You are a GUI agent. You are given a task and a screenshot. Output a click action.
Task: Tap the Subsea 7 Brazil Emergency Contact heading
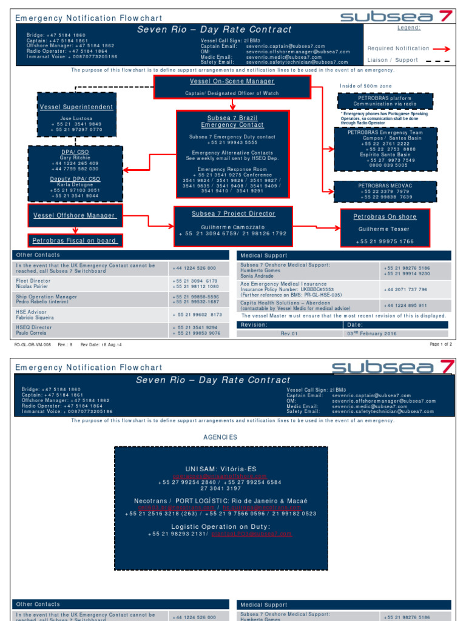tap(232, 121)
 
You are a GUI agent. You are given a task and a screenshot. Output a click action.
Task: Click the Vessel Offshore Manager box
tap(74, 215)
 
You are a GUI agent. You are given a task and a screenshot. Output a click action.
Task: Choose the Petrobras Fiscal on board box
tap(75, 241)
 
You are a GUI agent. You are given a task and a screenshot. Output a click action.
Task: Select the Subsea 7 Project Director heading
tap(234, 213)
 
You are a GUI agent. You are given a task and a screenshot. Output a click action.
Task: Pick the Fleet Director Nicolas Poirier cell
tap(91, 284)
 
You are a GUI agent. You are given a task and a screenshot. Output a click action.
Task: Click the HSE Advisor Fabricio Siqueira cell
tap(91, 315)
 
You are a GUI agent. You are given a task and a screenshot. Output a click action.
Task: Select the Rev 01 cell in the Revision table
tap(289, 334)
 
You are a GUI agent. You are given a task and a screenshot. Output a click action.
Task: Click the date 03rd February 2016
tap(372, 334)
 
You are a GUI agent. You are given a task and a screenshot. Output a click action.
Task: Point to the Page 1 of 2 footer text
tap(441, 344)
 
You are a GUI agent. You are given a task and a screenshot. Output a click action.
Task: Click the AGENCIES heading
tap(220, 437)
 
